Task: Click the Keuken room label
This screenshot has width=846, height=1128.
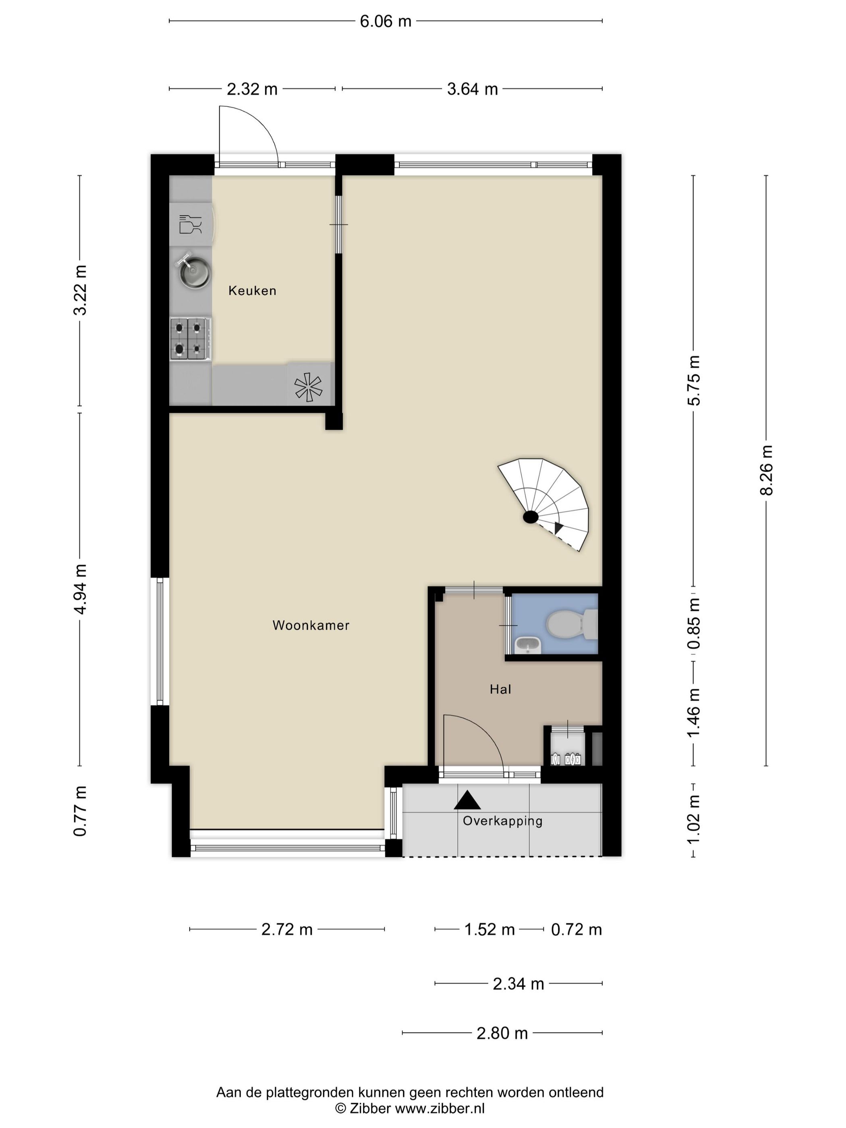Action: tap(252, 291)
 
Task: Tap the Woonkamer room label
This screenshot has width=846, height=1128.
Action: tap(311, 625)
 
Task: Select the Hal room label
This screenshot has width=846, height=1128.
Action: tap(500, 689)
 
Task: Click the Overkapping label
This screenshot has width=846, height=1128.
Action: tap(502, 821)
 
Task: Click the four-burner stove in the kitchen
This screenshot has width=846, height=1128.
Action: tap(191, 339)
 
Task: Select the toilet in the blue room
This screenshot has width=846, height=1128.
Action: tap(571, 624)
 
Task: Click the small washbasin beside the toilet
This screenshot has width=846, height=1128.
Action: tap(527, 646)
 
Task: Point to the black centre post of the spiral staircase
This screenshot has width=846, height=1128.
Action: tap(530, 517)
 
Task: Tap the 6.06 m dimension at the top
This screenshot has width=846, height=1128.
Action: tap(386, 21)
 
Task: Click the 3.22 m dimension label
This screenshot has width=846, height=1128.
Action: tap(80, 290)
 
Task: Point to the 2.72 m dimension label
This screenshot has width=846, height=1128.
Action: tap(286, 929)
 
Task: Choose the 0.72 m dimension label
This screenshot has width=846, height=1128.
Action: tap(576, 929)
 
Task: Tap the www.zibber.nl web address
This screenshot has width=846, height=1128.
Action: tap(440, 1107)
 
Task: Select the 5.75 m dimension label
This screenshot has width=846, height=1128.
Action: tap(694, 380)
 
